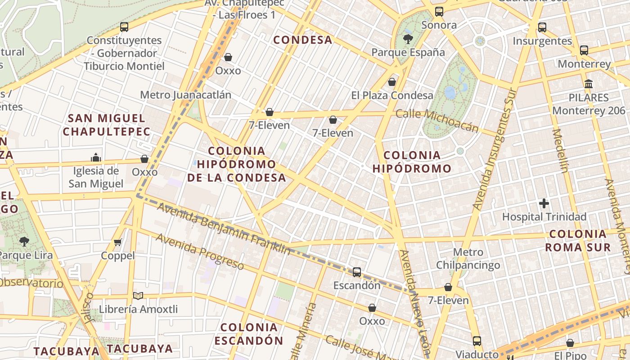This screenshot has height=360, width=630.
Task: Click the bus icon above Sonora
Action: click(x=439, y=12)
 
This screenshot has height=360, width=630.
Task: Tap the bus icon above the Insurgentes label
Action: click(x=542, y=27)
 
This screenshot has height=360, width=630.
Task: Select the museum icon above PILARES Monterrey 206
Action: click(x=588, y=84)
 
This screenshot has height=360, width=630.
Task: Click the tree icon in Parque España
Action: click(x=408, y=39)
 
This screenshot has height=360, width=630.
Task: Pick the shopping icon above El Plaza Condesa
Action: click(x=392, y=82)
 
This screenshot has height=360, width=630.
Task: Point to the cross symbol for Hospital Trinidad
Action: click(x=544, y=203)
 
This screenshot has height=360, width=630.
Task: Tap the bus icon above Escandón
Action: click(x=357, y=272)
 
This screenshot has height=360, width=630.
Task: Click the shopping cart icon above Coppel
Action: click(x=118, y=243)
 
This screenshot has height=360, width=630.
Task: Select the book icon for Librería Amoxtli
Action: click(x=138, y=296)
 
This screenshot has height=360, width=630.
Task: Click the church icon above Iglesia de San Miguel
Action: click(x=95, y=157)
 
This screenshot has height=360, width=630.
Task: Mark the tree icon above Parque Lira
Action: click(x=24, y=242)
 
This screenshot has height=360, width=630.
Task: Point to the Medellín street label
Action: click(x=561, y=151)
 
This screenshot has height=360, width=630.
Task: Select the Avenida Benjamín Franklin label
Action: click(x=224, y=229)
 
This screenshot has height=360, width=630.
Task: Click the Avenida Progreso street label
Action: click(x=200, y=252)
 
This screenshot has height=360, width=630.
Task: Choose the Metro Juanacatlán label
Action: click(x=185, y=95)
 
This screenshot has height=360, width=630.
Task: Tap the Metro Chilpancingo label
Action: click(x=468, y=258)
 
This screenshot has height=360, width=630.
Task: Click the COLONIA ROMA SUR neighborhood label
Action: click(x=578, y=240)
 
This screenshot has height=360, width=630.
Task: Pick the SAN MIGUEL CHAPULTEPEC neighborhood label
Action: click(x=107, y=125)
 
